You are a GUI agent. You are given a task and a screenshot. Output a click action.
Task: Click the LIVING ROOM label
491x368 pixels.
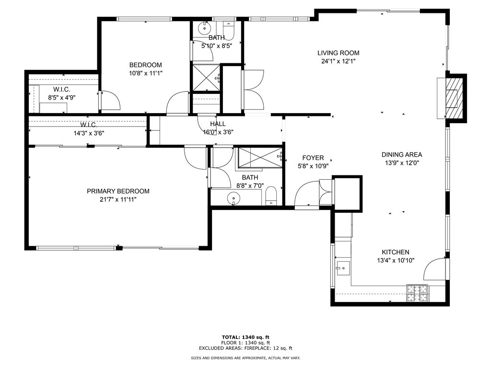[x=338, y=53]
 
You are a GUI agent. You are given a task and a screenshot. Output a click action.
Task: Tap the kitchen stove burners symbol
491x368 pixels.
[x=418, y=293]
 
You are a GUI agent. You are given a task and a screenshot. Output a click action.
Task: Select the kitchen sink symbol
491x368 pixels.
[x=343, y=268]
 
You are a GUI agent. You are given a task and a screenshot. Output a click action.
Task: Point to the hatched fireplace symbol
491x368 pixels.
[x=454, y=98]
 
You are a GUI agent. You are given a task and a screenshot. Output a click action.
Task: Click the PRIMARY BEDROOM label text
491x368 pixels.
[x=118, y=191]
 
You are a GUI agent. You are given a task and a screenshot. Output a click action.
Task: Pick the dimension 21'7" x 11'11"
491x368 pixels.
[x=118, y=199]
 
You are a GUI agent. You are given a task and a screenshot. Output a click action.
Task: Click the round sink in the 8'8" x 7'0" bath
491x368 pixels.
[x=234, y=198]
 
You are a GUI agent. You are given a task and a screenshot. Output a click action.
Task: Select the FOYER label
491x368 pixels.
[x=313, y=158]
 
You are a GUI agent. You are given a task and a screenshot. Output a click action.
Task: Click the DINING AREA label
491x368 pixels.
[x=402, y=155]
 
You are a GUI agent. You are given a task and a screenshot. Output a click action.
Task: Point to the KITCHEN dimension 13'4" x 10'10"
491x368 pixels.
[x=396, y=260]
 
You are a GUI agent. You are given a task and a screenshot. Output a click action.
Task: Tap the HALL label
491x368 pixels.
[x=218, y=124]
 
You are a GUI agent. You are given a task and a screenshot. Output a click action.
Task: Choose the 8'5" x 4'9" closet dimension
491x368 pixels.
[x=62, y=98]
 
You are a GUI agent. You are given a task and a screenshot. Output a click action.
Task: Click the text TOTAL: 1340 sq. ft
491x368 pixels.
[x=245, y=337]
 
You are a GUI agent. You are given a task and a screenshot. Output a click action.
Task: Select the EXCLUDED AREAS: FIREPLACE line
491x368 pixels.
[x=245, y=348]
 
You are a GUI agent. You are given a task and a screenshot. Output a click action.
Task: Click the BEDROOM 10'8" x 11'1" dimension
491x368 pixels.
[x=146, y=73]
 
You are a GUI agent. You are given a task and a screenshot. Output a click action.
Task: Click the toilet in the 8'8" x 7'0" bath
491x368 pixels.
[x=271, y=196]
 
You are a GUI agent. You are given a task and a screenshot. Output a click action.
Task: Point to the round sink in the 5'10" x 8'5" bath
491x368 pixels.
[x=204, y=28]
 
